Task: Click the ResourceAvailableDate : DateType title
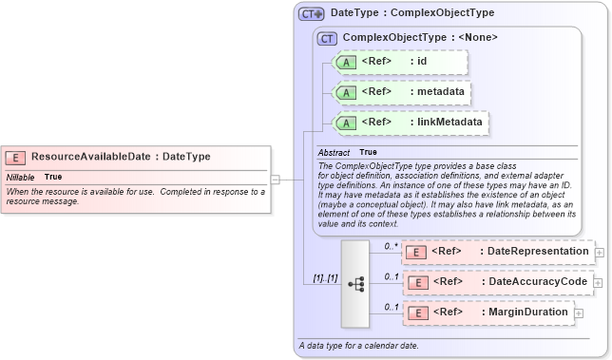click(x=121, y=157)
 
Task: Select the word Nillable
click(x=21, y=178)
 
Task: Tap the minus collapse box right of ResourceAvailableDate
click(x=275, y=178)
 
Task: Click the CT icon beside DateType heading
click(x=311, y=14)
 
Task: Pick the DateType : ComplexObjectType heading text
click(x=411, y=14)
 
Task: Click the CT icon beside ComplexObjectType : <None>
click(x=327, y=38)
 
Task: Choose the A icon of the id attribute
click(x=348, y=62)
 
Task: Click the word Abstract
click(x=334, y=153)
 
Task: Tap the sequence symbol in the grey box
click(x=356, y=282)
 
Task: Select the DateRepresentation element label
click(x=534, y=252)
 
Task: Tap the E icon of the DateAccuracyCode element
click(x=415, y=282)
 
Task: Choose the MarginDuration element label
click(x=526, y=313)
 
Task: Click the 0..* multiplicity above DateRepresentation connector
click(x=391, y=245)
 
